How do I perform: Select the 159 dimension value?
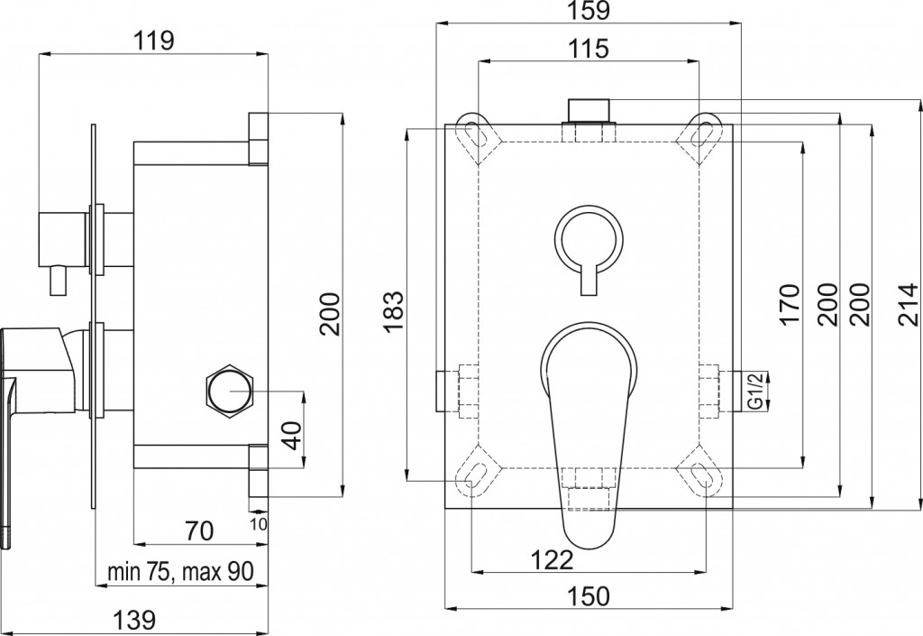589,10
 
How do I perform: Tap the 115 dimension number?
589,49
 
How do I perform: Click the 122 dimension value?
553,558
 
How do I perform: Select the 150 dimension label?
589,596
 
